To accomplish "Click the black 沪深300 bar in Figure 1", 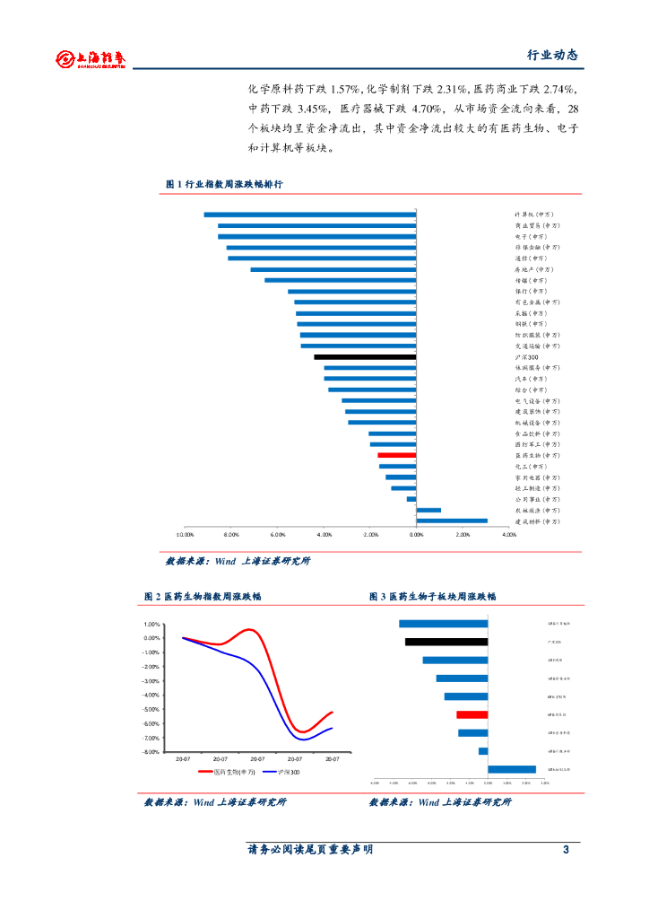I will click(365, 357).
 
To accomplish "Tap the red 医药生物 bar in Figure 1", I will click(397, 456).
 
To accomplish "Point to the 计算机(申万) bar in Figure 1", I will click(310, 214).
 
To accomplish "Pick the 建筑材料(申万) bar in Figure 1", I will click(452, 521).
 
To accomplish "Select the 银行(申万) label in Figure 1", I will click(529, 291).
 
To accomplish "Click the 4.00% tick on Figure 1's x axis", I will click(509, 534).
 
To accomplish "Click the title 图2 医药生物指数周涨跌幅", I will click(203, 596).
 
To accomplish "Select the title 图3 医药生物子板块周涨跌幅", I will click(432, 596).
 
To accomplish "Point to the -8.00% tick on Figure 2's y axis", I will click(150, 752).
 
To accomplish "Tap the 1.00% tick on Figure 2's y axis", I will click(151, 625).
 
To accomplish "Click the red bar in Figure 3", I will click(472, 714).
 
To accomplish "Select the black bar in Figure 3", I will click(446, 642).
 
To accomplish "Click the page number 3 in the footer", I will click(566, 850).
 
